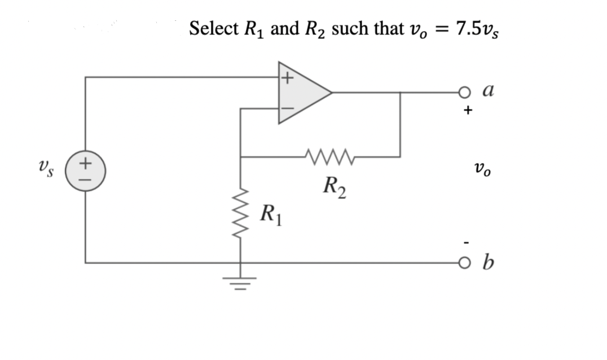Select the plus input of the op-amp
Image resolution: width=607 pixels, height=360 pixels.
287,77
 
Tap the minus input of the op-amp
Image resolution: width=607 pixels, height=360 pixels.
287,108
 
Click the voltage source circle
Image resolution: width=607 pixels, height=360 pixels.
85,169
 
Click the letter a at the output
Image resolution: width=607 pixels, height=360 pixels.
489,90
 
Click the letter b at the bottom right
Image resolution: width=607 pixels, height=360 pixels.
489,262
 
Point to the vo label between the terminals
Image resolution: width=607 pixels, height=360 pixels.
482,169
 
